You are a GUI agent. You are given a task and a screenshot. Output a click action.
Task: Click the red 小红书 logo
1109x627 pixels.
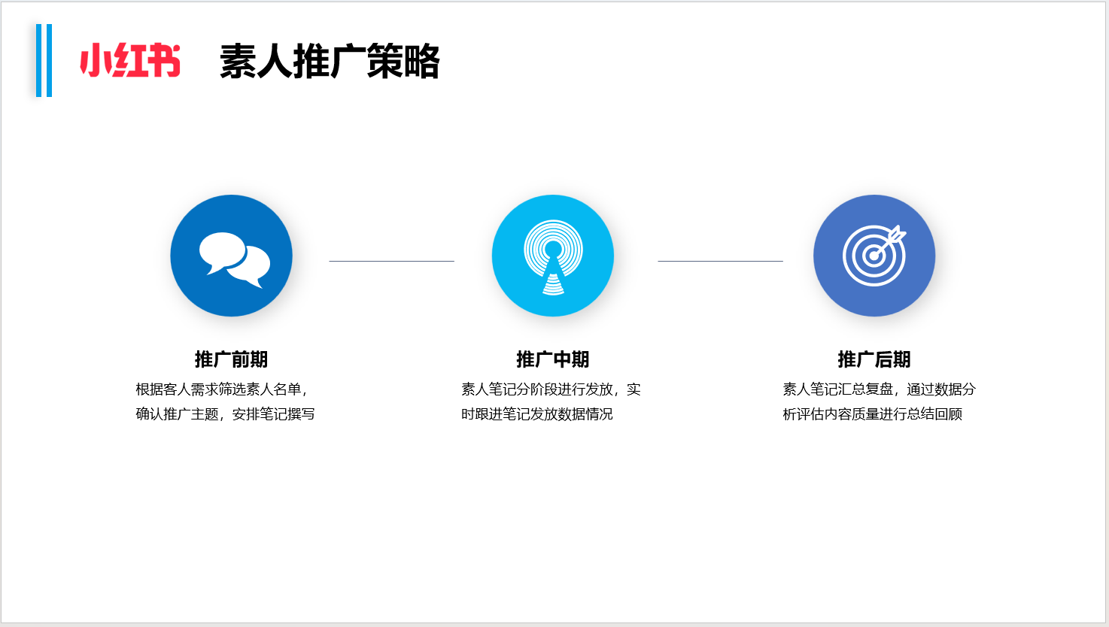pyautogui.click(x=130, y=60)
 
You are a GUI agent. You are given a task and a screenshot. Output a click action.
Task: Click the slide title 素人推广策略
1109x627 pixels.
pyautogui.click(x=330, y=62)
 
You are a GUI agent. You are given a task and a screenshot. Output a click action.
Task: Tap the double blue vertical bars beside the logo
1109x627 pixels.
pyautogui.click(x=44, y=60)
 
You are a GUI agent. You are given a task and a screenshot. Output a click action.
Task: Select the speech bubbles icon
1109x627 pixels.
pyautogui.click(x=235, y=259)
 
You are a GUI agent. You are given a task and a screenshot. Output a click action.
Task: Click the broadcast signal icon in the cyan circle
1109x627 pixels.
pyautogui.click(x=553, y=257)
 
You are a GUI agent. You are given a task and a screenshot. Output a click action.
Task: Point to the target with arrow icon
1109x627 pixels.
pyautogui.click(x=874, y=256)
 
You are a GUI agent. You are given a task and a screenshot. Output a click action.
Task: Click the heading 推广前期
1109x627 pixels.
pyautogui.click(x=231, y=359)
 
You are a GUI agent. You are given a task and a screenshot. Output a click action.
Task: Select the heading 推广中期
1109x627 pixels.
pyautogui.click(x=552, y=359)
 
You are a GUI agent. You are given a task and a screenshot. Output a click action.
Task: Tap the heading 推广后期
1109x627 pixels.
pyautogui.click(x=874, y=359)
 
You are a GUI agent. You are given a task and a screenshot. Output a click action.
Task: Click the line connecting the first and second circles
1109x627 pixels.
pyautogui.click(x=392, y=261)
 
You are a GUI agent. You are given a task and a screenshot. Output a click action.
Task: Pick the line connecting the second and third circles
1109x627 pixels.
pyautogui.click(x=720, y=261)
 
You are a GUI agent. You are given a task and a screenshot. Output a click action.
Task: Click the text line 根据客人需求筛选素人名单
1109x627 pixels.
pyautogui.click(x=219, y=389)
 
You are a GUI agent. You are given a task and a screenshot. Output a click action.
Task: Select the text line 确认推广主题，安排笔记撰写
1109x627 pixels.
pyautogui.click(x=225, y=413)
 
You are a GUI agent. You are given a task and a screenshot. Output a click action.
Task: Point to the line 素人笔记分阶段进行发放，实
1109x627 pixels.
pyautogui.click(x=551, y=389)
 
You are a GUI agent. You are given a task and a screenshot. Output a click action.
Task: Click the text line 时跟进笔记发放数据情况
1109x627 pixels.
pyautogui.click(x=537, y=413)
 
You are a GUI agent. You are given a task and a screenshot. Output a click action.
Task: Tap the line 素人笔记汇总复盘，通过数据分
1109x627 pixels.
pyautogui.click(x=880, y=389)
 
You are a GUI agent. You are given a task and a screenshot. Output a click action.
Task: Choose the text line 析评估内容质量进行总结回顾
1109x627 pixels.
pyautogui.click(x=872, y=413)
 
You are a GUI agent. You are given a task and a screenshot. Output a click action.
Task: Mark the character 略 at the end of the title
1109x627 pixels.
pyautogui.click(x=422, y=62)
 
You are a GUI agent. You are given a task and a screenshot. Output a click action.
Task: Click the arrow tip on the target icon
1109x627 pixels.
pyautogui.click(x=875, y=256)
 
